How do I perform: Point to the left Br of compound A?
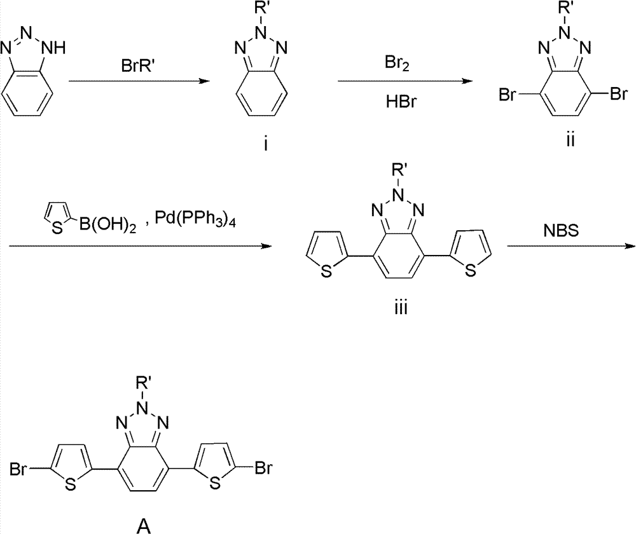[17, 471]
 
